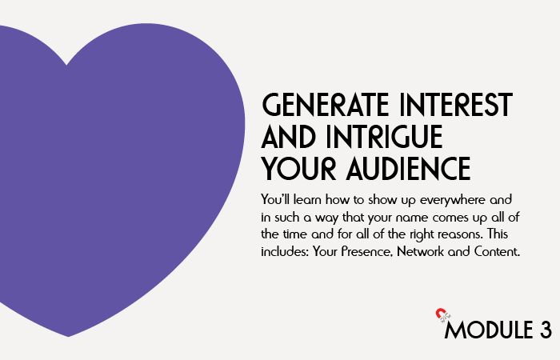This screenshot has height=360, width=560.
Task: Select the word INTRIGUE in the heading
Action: tap(384, 136)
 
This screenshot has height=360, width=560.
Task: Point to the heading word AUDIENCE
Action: tap(408, 168)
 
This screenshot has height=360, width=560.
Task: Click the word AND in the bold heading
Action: tap(288, 136)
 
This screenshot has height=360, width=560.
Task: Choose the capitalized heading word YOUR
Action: tap(298, 168)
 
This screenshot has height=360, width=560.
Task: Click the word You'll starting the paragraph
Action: tap(275, 199)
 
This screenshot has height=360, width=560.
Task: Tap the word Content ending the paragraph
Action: tap(497, 251)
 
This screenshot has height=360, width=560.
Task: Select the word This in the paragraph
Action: tap(498, 234)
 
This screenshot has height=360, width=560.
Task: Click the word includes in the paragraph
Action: tap(285, 251)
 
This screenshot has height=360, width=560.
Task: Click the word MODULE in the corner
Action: tap(489, 330)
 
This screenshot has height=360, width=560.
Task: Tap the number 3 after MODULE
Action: tap(546, 330)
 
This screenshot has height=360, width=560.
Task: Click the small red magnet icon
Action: tap(440, 313)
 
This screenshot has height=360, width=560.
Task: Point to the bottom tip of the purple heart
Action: tap(68, 336)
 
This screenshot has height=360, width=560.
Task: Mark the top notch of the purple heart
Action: tap(66, 65)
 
